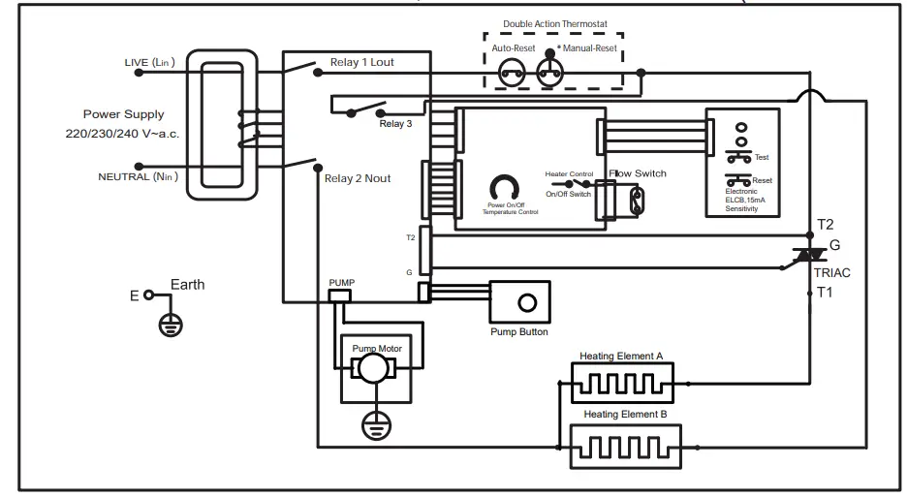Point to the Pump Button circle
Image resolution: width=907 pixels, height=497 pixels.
(527, 303)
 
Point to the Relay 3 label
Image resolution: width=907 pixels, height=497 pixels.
(395, 124)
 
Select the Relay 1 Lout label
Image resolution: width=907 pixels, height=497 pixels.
(361, 63)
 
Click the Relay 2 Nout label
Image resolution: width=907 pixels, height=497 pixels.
(358, 178)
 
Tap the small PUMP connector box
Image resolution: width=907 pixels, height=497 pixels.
(340, 294)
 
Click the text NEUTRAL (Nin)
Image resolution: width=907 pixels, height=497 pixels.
(137, 176)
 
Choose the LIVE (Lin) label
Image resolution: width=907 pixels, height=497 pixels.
(149, 63)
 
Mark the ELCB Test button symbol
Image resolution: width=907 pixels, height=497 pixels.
(738, 156)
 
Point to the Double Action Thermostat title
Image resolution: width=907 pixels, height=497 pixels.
(553, 23)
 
